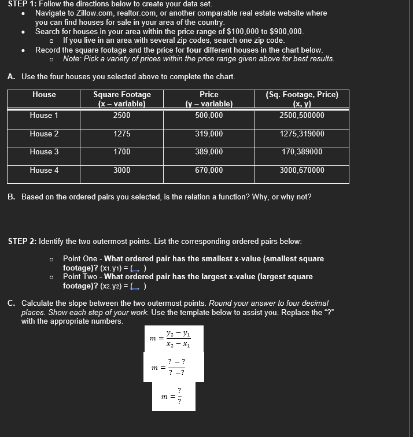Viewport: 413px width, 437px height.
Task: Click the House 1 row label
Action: pos(44,116)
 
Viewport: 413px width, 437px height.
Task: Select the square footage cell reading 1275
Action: pos(121,134)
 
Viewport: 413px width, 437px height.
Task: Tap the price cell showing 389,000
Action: pos(209,152)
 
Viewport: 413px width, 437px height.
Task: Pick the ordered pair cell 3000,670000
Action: pos(301,171)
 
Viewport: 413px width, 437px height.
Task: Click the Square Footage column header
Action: pos(121,99)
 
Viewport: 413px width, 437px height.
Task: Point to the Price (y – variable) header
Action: pos(209,99)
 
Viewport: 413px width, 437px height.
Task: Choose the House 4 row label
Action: pos(44,171)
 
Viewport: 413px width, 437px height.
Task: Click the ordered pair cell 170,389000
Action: pos(301,152)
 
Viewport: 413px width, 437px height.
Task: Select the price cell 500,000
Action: pos(209,116)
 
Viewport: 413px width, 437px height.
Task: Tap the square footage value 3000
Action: pos(121,171)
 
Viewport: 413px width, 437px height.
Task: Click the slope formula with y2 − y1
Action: pos(172,338)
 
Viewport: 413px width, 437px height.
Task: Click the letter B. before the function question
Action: pos(12,197)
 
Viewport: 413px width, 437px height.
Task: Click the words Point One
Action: pos(80,259)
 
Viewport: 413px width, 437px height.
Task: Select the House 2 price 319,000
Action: pos(209,134)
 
